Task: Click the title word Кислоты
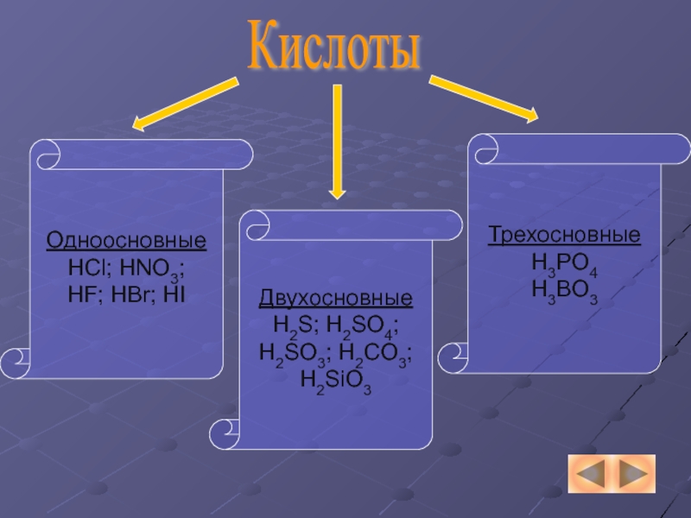coord(335,48)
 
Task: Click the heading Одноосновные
coord(126,239)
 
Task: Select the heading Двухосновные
coord(336,300)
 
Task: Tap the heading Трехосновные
coord(564,235)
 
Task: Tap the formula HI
coord(174,294)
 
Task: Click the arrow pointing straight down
coord(337,142)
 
